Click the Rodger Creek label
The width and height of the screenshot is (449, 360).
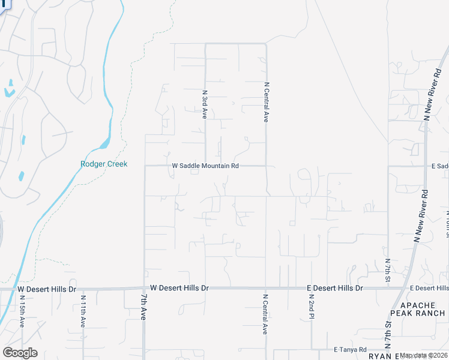tap(104, 164)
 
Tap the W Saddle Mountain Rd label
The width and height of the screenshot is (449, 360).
tap(205, 166)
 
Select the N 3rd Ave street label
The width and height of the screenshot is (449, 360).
tap(205, 104)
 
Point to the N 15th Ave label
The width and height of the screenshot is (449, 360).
tap(22, 310)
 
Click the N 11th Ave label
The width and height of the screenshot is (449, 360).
tap(83, 310)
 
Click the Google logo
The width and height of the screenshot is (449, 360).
tap(20, 353)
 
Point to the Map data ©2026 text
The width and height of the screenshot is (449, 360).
tap(424, 355)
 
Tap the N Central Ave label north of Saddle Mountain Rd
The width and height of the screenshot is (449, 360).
tap(266, 102)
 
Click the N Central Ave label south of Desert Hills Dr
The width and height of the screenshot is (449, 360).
tap(265, 314)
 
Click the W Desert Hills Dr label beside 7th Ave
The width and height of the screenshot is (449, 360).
tap(179, 288)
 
